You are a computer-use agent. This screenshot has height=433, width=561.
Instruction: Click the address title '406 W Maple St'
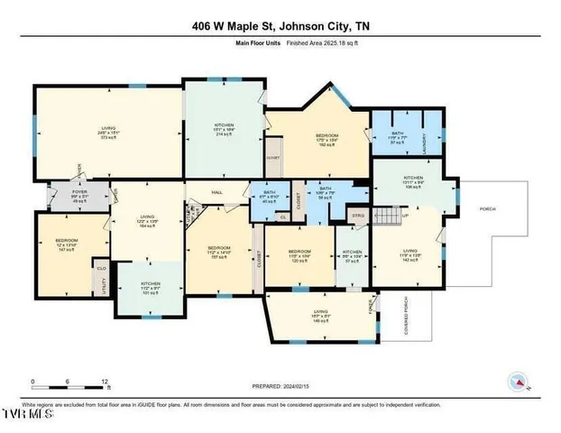(236, 26)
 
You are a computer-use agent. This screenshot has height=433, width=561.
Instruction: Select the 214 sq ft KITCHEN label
(224, 130)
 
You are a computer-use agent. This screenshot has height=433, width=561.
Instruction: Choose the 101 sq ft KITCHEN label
(150, 288)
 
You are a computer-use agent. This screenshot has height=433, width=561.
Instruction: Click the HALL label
(216, 191)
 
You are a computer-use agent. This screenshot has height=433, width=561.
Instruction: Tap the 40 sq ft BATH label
(268, 195)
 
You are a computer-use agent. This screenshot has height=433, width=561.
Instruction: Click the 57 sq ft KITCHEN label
(352, 255)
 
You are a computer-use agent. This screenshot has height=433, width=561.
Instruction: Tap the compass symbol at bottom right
(520, 382)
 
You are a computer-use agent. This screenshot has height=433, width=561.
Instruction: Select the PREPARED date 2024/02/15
(280, 386)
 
